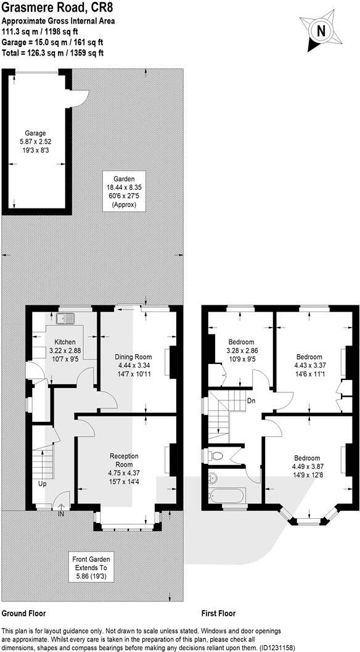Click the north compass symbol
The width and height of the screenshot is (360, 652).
[x=320, y=30]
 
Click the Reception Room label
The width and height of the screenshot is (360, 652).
[x=124, y=464]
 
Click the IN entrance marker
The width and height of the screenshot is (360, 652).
[x=60, y=513]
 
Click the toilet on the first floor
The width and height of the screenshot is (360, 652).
[x=214, y=456]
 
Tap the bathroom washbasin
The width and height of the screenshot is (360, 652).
[x=211, y=478]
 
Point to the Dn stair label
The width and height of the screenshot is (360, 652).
[x=251, y=400]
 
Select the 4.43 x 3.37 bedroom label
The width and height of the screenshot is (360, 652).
[x=309, y=365]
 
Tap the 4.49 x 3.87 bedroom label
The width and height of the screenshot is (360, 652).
[x=306, y=466]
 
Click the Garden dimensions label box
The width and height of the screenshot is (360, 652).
[x=124, y=189]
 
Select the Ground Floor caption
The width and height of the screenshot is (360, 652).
[x=23, y=614]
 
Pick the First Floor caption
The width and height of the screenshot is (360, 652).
[x=218, y=614]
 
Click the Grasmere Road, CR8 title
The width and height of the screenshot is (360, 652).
[x=54, y=8]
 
